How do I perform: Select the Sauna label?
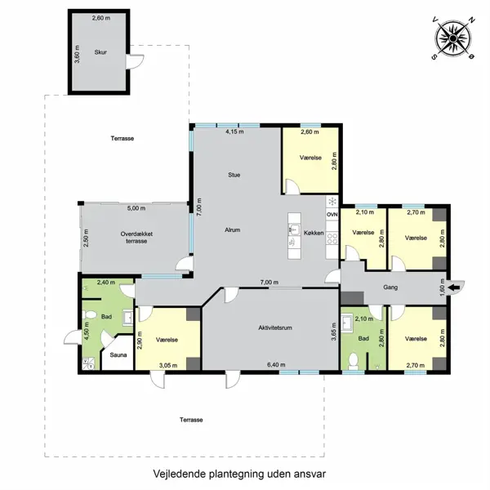pos(118,356)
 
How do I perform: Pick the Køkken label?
pos(314,233)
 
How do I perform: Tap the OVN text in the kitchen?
pos(332,214)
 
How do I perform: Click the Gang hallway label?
pos(389,287)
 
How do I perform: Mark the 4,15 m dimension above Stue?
pos(235,131)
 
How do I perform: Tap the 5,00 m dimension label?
pos(136,208)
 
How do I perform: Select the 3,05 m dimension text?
pos(168,364)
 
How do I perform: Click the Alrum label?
pos(233,230)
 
